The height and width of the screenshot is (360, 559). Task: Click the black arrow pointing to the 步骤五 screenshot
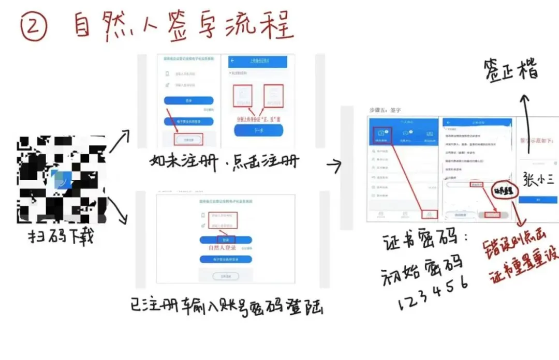[334, 165]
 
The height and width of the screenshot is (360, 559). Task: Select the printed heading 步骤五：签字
[385, 110]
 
